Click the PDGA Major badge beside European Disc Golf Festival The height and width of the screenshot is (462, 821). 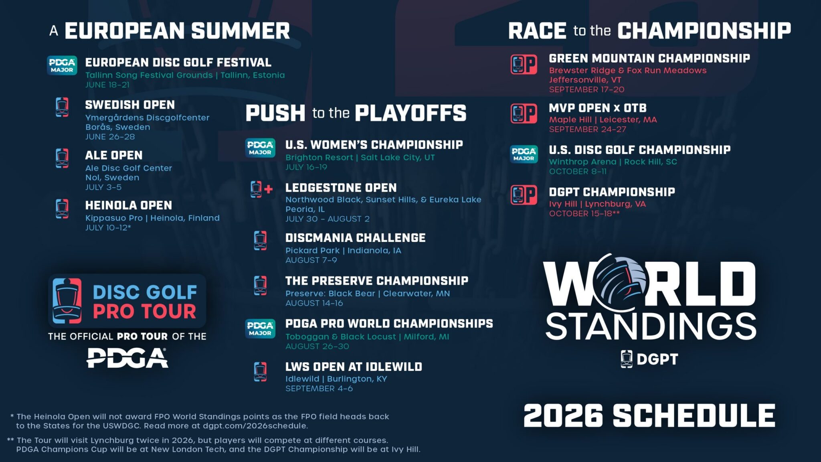pos(62,65)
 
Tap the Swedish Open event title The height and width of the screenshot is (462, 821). pos(130,105)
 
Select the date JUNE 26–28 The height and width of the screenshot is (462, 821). pos(110,137)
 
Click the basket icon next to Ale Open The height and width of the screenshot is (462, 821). pos(62,158)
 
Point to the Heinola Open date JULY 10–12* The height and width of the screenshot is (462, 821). pos(108,228)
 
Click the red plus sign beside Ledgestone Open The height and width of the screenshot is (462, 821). pos(269,189)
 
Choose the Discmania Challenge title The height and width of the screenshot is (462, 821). pos(355,238)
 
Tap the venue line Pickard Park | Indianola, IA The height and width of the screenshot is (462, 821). pos(343,251)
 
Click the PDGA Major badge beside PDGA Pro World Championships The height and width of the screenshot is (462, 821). pos(260,328)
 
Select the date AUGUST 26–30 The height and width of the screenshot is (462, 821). pos(317,346)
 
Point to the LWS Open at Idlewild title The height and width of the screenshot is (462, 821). pos(354,367)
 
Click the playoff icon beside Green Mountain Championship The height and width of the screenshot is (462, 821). pos(524,64)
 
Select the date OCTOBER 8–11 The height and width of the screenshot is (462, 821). pos(578,172)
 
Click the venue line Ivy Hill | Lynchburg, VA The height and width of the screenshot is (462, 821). pos(597,204)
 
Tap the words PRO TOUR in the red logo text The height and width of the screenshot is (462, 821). pos(144,312)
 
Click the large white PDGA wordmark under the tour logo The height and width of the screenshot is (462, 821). pos(127,358)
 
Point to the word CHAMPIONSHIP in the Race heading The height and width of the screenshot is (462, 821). pos(704,31)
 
